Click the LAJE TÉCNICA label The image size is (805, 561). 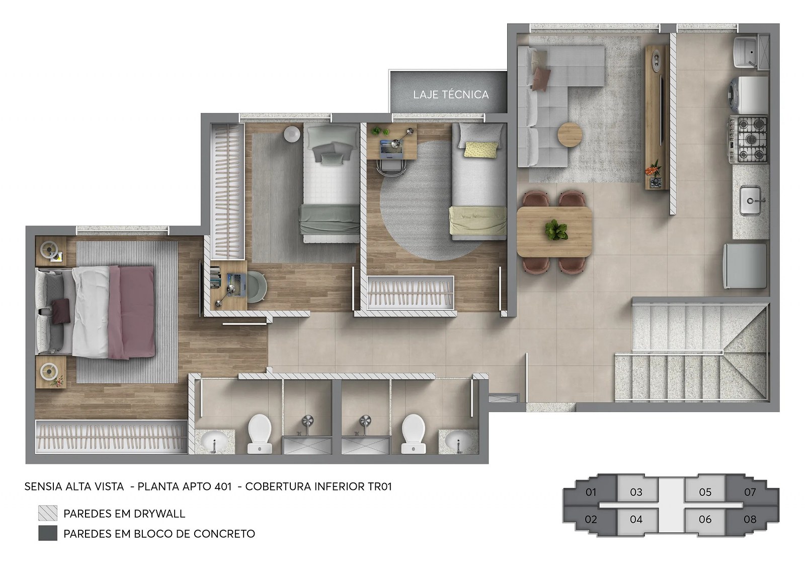[x=451, y=95]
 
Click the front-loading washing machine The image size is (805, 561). [x=749, y=95]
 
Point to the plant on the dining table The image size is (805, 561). [x=556, y=230]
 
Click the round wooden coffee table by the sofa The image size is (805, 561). [x=570, y=134]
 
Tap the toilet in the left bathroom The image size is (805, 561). [x=260, y=433]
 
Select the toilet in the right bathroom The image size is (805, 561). [x=413, y=433]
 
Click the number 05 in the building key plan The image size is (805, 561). [x=705, y=492]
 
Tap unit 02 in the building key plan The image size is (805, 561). [x=591, y=519]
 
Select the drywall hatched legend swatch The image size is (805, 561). [x=48, y=513]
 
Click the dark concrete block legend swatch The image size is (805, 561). [x=48, y=533]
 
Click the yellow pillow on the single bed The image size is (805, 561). [x=481, y=150]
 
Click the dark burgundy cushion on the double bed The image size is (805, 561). [x=61, y=311]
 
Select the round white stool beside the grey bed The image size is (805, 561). [x=292, y=134]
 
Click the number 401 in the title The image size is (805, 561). [x=222, y=486]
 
